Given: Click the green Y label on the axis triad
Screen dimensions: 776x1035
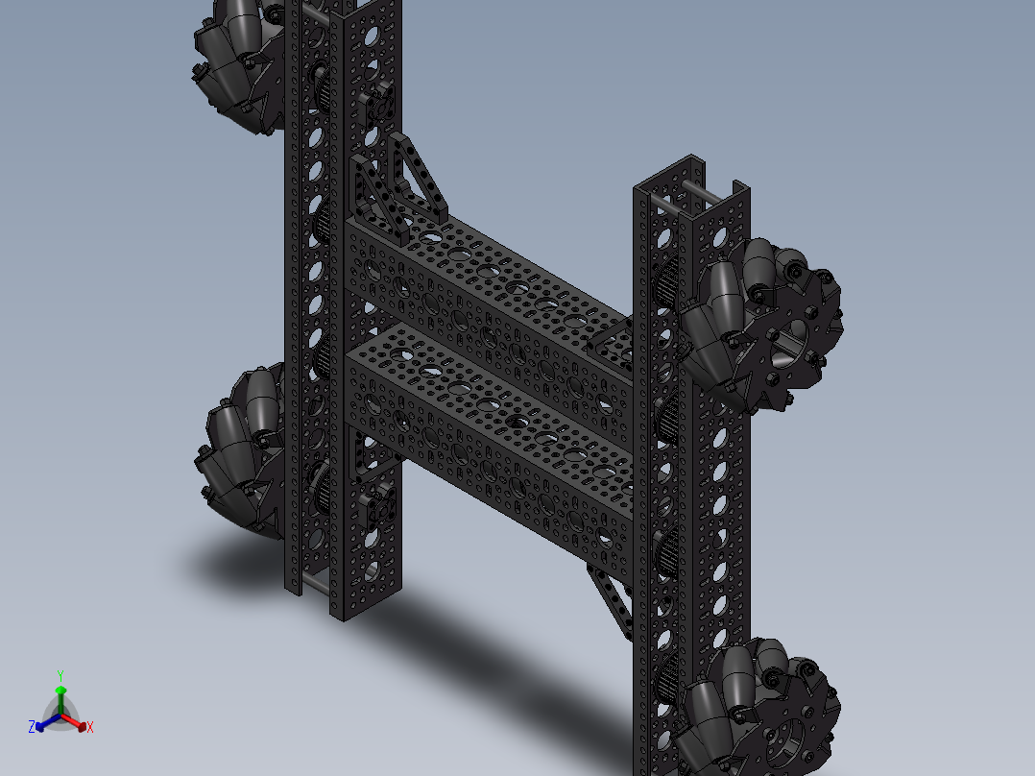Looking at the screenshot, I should [x=60, y=675].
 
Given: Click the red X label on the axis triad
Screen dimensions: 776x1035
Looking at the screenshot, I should [x=90, y=728].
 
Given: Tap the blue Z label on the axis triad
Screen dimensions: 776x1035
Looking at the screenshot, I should [x=32, y=728].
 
